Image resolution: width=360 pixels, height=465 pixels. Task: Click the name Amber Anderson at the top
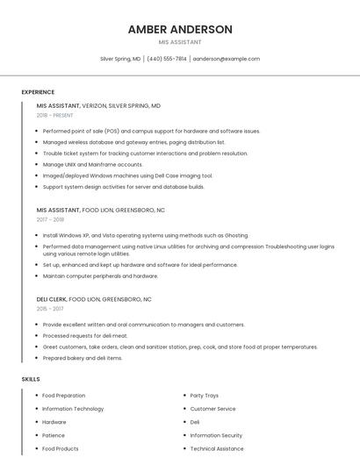[x=180, y=29]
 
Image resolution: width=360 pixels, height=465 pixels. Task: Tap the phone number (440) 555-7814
[x=167, y=59]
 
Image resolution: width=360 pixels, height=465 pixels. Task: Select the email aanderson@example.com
[x=227, y=59]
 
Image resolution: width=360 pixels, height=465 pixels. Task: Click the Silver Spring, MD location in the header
[x=120, y=59]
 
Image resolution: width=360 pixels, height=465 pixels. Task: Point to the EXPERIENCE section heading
[x=38, y=92]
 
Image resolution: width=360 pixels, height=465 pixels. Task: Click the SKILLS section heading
[x=31, y=379]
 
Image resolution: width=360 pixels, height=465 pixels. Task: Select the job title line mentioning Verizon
[x=98, y=105]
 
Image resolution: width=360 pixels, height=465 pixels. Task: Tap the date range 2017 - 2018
[x=50, y=219]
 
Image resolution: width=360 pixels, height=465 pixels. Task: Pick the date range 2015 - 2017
[x=50, y=308]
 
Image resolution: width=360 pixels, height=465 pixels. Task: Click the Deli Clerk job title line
[x=94, y=298]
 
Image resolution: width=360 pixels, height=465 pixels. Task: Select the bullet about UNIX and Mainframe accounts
[x=92, y=164]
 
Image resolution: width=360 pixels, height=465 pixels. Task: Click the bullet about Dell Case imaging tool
[x=127, y=175]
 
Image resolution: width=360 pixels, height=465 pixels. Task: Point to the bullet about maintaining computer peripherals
[x=100, y=275]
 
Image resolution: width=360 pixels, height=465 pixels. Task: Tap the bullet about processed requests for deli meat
[x=85, y=335]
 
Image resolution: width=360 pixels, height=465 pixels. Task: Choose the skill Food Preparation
[x=64, y=396]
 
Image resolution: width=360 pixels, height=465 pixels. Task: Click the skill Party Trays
[x=205, y=396]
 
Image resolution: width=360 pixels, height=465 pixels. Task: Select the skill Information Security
[x=216, y=435]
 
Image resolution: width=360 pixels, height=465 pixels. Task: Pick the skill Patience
[x=54, y=435]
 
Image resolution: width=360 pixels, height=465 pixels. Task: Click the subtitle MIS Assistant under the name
[x=180, y=42]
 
